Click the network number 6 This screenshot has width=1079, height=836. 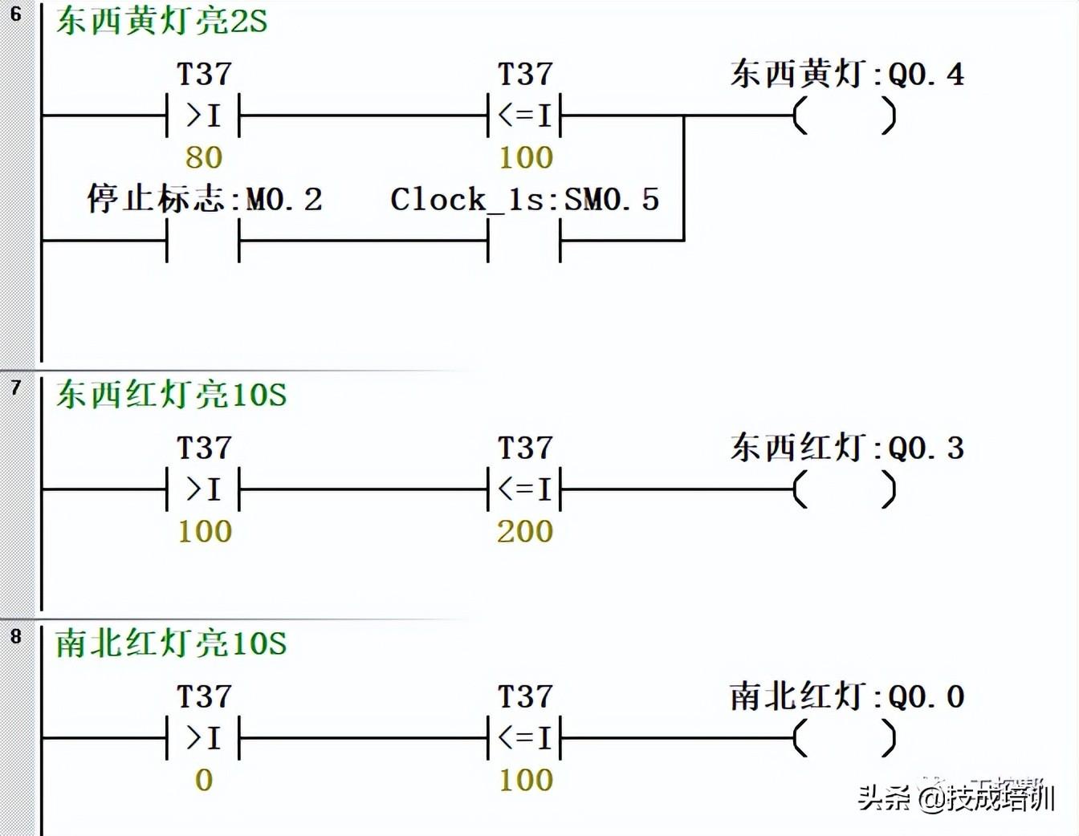(x=15, y=14)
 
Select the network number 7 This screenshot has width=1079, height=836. (x=15, y=388)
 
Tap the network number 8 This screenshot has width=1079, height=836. (x=15, y=636)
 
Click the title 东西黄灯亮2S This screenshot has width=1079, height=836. (x=161, y=21)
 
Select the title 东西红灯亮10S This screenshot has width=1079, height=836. (x=171, y=395)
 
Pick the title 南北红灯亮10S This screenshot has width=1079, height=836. (x=171, y=643)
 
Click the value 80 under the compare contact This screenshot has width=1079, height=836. (x=203, y=157)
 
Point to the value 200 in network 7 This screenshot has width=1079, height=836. (x=525, y=531)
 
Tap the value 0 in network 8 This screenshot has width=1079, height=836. (x=203, y=780)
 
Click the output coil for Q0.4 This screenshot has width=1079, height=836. (x=844, y=116)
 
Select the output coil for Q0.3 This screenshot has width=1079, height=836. (x=844, y=489)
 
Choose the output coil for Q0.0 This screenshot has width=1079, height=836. (x=844, y=738)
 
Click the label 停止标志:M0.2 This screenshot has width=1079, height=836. (x=204, y=199)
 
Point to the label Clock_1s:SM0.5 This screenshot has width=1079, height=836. (x=524, y=199)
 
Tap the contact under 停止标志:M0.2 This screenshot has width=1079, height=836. (x=203, y=240)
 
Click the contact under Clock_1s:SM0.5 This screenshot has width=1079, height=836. (x=524, y=240)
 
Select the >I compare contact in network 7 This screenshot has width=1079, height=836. (x=203, y=489)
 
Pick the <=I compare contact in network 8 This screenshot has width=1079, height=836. (x=524, y=738)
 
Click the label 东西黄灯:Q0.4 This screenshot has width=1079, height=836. (x=847, y=75)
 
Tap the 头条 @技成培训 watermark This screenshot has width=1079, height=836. (x=955, y=797)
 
